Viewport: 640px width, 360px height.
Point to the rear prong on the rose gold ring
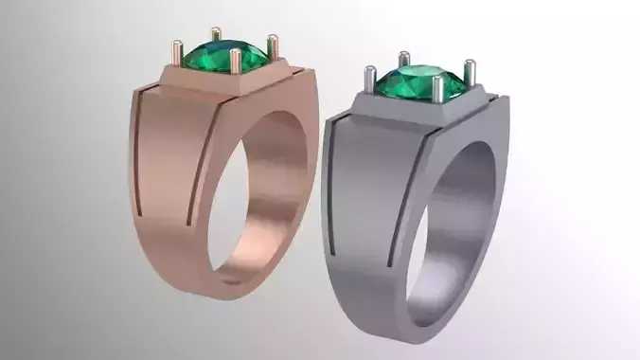pyautogui.click(x=217, y=36)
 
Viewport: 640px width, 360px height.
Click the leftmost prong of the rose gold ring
pyautogui.click(x=177, y=50)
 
